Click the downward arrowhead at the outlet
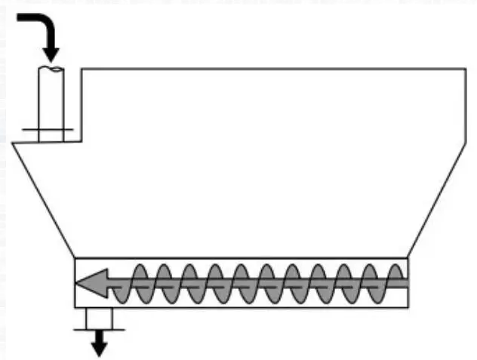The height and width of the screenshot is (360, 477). tap(98, 349)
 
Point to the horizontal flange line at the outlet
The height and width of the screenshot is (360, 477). tap(98, 328)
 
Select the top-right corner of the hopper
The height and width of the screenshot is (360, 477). tap(464, 69)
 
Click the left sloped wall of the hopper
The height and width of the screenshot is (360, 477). tap(43, 199)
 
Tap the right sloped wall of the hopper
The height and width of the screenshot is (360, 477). tap(437, 199)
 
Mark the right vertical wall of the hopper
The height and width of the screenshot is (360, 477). tap(465, 106)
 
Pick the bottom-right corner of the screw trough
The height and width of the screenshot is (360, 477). tap(408, 307)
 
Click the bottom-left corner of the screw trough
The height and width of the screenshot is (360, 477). tap(75, 307)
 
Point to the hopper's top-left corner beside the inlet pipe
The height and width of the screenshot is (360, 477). tap(82, 69)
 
